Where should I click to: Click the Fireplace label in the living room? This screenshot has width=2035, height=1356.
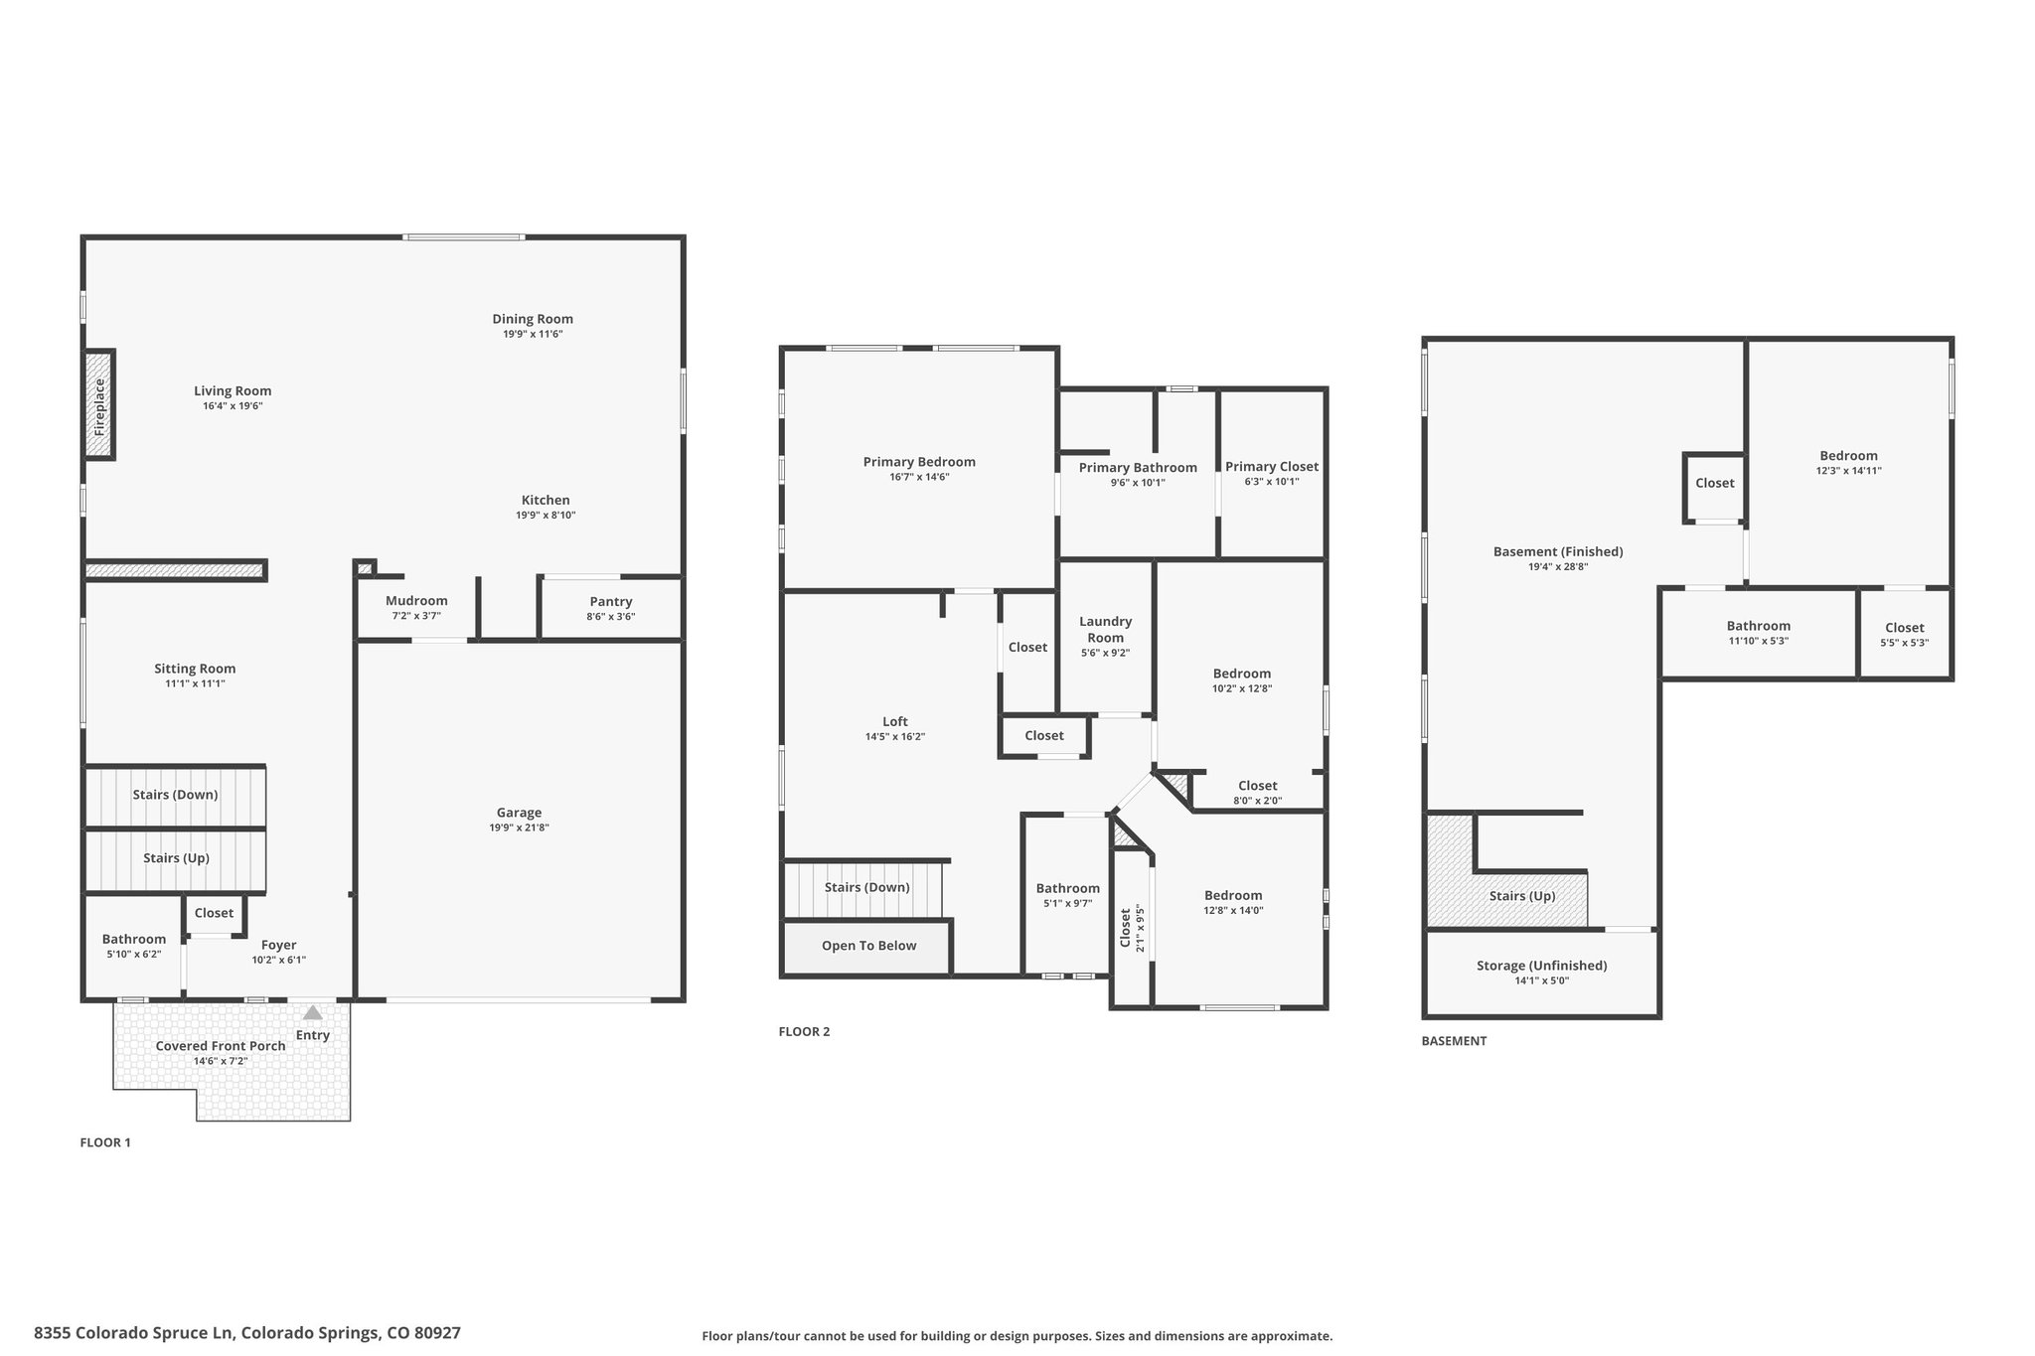pyautogui.click(x=99, y=406)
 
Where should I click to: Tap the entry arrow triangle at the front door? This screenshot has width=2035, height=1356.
pyautogui.click(x=313, y=1013)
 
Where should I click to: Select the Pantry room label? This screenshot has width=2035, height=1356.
pyautogui.click(x=611, y=601)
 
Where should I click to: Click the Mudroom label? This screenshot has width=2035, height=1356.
pyautogui.click(x=416, y=601)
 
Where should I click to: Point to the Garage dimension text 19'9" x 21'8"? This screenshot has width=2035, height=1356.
pyautogui.click(x=519, y=828)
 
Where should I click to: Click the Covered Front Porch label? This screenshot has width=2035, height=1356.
pyautogui.click(x=221, y=1046)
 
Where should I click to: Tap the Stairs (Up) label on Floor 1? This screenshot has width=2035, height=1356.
pyautogui.click(x=176, y=858)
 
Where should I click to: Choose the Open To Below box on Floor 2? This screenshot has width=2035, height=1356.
pyautogui.click(x=867, y=946)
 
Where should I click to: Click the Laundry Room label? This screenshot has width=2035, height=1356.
pyautogui.click(x=1106, y=630)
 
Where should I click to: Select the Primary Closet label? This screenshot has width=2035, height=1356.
pyautogui.click(x=1272, y=467)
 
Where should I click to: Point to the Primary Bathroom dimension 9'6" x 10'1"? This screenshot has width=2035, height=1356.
pyautogui.click(x=1138, y=483)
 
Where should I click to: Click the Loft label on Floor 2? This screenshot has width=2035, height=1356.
pyautogui.click(x=895, y=722)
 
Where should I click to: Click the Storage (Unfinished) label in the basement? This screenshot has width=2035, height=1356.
pyautogui.click(x=1541, y=966)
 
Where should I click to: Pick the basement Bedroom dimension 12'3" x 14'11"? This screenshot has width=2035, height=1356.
pyautogui.click(x=1848, y=471)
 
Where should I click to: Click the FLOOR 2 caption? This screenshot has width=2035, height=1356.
pyautogui.click(x=804, y=1031)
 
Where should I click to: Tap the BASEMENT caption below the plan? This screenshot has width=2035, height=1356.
pyautogui.click(x=1454, y=1041)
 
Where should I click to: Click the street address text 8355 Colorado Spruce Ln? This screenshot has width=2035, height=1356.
pyautogui.click(x=134, y=1333)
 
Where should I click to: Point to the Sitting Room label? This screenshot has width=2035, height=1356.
pyautogui.click(x=195, y=669)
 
